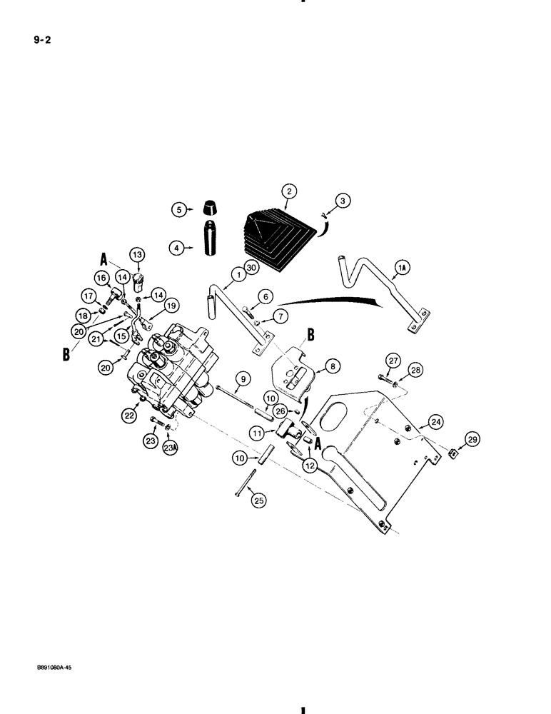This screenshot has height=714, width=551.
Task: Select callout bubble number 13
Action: tap(136, 255)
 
